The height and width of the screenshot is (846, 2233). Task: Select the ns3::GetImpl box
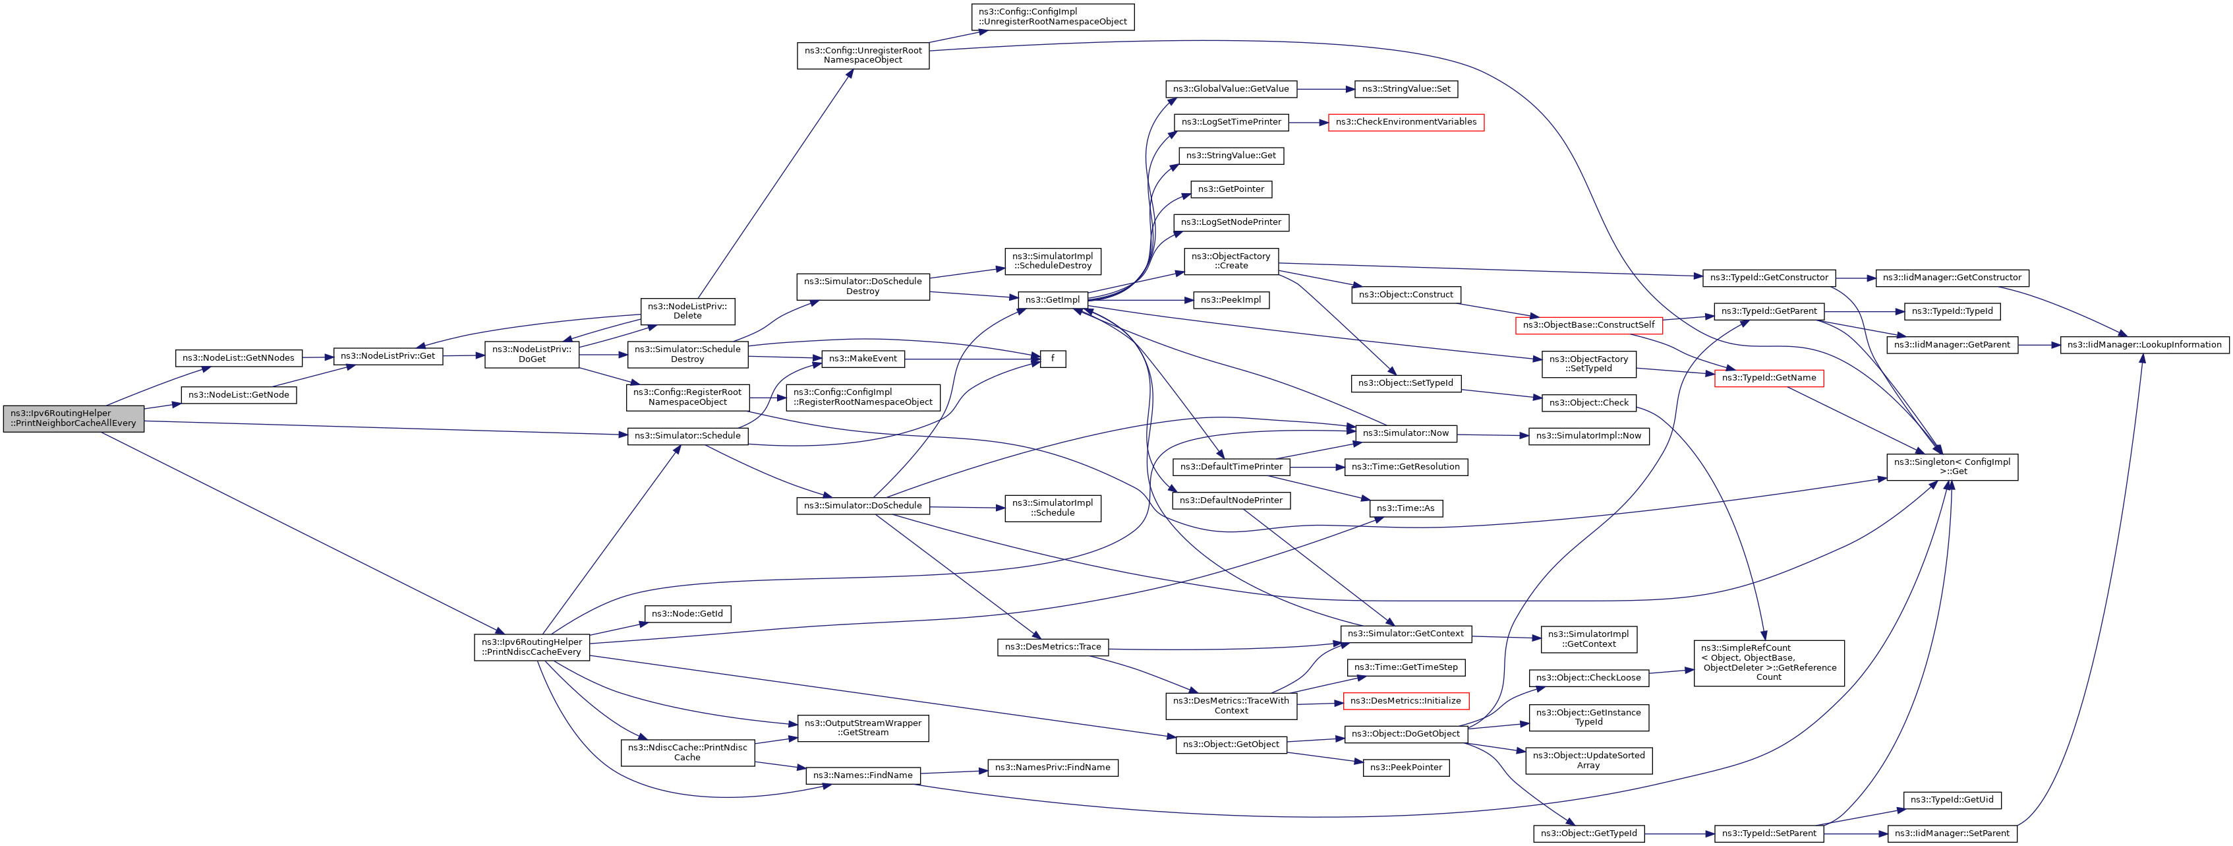[x=1053, y=300]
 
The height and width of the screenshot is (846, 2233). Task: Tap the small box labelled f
[x=1053, y=359]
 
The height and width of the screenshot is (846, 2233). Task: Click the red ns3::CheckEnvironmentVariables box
[x=1405, y=122]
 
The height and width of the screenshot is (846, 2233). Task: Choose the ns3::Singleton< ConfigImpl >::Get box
[x=1952, y=466]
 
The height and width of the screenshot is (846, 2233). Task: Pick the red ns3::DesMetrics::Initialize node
[x=1405, y=701]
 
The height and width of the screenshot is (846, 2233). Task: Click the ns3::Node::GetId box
[x=687, y=614]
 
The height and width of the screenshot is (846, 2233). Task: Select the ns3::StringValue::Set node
[x=1405, y=89]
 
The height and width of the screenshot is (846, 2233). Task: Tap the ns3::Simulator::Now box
[x=1405, y=433]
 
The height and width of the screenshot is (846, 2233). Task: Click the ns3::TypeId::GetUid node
[x=1952, y=800]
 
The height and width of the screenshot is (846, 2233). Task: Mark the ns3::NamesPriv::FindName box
[x=1053, y=768]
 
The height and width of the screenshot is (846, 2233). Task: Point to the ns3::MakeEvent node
[x=863, y=359]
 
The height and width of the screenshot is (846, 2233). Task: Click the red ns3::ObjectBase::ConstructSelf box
[x=1588, y=326]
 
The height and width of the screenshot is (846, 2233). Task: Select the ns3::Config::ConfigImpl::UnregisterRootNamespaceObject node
[x=1053, y=17]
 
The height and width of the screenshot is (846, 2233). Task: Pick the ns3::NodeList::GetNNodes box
[x=239, y=358]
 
